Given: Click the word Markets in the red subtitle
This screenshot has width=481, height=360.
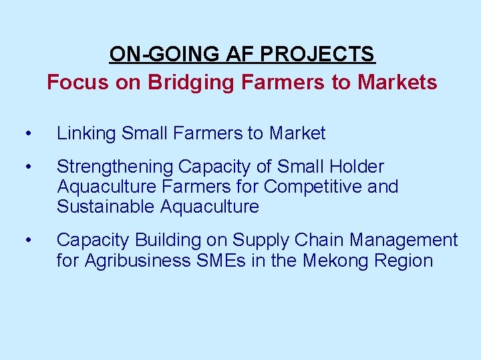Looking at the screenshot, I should pos(397,82).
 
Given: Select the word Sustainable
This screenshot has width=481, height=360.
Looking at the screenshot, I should pos(106,207).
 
